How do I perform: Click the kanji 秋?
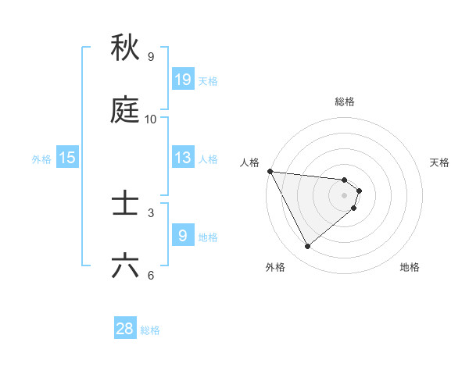click(x=125, y=48)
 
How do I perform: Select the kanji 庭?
click(x=125, y=111)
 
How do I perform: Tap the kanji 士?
click(x=125, y=205)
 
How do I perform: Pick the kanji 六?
click(x=125, y=266)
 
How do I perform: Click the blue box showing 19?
click(x=183, y=80)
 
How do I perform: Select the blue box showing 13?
click(x=183, y=158)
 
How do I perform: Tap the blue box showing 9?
click(x=183, y=235)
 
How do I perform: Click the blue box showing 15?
click(x=67, y=158)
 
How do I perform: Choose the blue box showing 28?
click(x=125, y=329)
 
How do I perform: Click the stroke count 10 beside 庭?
click(x=151, y=119)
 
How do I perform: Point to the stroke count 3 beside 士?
click(x=151, y=212)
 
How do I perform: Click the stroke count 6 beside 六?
click(x=151, y=275)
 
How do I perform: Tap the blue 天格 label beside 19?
click(x=208, y=81)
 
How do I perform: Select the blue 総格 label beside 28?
click(x=150, y=330)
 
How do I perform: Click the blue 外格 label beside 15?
click(x=41, y=159)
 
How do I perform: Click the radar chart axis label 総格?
click(x=345, y=102)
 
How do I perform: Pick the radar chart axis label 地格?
click(x=410, y=267)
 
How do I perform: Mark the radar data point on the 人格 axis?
click(x=270, y=171)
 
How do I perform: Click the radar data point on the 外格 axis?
click(x=307, y=247)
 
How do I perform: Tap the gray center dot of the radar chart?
click(x=345, y=195)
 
